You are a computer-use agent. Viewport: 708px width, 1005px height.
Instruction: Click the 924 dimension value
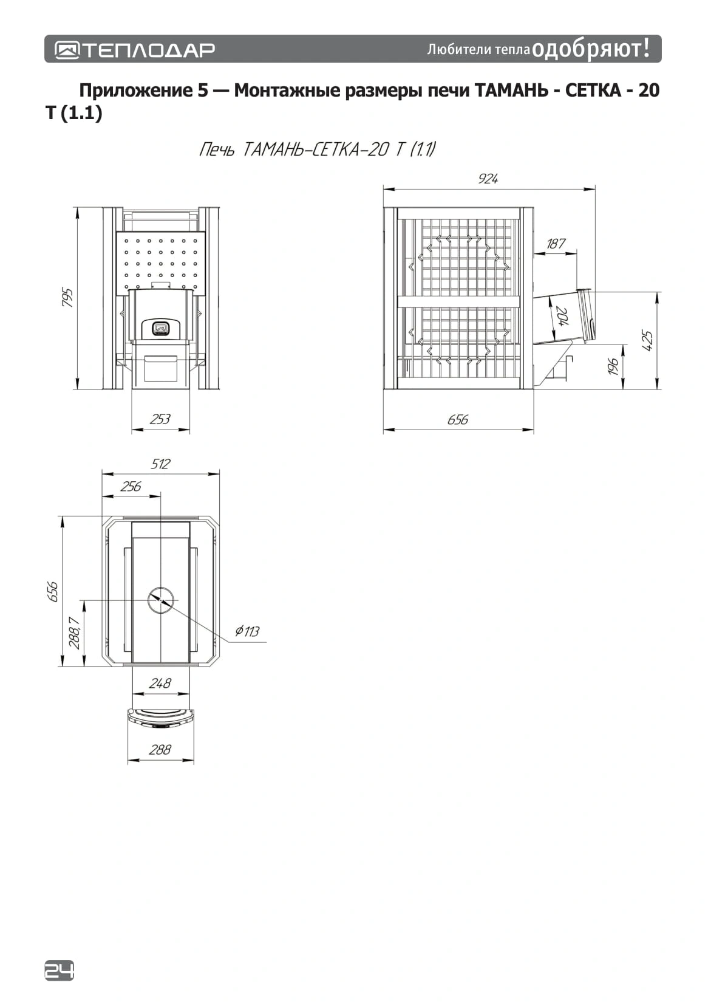pos(488,179)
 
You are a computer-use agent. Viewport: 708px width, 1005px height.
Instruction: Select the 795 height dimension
pos(67,297)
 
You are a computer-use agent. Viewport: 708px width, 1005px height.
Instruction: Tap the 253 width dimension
pos(160,419)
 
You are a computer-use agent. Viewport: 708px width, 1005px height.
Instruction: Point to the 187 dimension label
pos(556,244)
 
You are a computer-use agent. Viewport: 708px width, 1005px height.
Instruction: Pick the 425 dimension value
pos(647,340)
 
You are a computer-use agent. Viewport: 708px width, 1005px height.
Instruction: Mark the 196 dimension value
pos(613,366)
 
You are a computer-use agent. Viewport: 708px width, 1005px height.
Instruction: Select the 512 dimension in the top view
pos(160,464)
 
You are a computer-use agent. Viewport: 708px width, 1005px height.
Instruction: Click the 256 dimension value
pos(131,486)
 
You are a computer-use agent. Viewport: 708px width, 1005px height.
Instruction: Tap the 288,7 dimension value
pos(75,633)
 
